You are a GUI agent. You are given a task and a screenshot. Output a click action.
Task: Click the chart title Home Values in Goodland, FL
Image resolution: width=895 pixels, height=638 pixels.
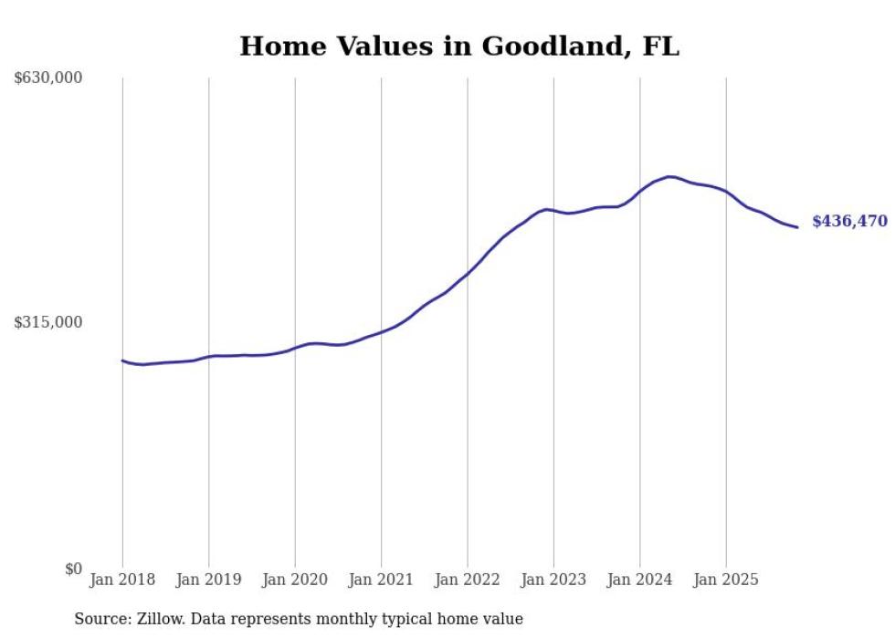coord(459,47)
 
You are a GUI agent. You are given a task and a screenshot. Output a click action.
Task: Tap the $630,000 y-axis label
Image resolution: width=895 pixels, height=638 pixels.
coord(48,78)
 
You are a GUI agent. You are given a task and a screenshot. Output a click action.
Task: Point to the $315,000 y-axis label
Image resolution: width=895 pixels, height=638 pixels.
coord(48,322)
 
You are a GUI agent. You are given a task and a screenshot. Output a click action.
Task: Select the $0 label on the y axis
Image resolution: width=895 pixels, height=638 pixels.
coord(73,569)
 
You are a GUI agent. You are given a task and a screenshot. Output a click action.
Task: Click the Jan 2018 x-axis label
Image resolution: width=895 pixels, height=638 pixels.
coord(122,580)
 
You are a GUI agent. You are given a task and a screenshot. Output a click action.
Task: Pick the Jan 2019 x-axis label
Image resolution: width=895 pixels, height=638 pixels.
coord(208,580)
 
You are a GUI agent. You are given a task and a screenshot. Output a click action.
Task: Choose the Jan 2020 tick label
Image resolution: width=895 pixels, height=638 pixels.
coord(295,580)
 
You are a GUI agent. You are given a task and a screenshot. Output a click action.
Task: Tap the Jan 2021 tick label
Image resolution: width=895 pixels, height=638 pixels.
coord(381,580)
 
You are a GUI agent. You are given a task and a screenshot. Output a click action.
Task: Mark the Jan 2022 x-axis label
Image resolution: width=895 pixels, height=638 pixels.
coord(468,580)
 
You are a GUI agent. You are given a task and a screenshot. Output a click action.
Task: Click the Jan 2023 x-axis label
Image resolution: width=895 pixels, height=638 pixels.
coord(553,580)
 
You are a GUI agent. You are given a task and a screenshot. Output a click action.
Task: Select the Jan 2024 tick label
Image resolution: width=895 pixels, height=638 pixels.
coord(640,580)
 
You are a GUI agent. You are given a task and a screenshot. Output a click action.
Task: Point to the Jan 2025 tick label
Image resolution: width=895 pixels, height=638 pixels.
coord(726,580)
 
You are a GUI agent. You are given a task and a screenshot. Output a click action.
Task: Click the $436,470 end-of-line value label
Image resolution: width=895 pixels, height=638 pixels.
coord(849,222)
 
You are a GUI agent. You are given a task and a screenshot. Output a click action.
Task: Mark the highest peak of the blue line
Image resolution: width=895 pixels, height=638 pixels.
coord(669,176)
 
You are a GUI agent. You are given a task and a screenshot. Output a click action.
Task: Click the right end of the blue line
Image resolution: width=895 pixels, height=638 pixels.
coord(797,227)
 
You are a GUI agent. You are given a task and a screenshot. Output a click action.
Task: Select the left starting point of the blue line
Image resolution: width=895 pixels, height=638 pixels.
coord(122,361)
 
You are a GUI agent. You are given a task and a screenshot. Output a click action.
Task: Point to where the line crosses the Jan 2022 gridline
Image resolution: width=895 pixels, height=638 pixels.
coord(468,273)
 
